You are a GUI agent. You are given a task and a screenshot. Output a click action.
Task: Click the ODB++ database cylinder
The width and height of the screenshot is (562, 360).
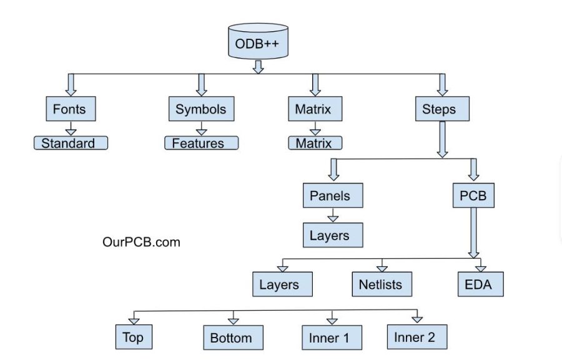pos(258,42)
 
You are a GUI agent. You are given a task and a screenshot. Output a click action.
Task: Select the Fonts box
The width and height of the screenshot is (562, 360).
pos(69,109)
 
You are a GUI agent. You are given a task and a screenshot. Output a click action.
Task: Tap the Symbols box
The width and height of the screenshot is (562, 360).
pos(200,109)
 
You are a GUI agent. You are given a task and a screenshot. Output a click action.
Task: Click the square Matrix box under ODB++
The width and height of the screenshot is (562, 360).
pos(315,109)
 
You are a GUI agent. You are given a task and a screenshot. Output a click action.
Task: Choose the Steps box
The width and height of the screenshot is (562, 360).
pos(441,109)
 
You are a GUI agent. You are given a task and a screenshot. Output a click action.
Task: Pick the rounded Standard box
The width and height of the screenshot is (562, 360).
pos(71,143)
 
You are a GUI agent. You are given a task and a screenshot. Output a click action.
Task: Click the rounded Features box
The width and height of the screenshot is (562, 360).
pos(201,143)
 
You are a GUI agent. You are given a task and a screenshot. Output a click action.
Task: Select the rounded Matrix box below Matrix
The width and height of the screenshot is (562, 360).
pos(315,143)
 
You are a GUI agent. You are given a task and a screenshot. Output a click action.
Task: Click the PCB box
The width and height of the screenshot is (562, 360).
pos(473,195)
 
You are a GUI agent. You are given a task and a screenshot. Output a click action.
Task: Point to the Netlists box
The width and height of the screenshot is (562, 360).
pos(381,285)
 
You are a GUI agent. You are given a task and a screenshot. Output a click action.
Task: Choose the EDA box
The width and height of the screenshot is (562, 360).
pos(479,285)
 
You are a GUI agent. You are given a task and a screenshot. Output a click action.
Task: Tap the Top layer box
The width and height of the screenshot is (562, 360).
pos(134,338)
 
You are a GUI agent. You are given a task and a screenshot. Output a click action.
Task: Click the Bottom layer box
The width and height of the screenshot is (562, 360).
pos(232,338)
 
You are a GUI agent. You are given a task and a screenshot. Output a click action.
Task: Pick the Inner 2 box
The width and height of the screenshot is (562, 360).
pos(416,338)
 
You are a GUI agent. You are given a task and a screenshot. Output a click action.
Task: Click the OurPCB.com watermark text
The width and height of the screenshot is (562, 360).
pos(141,242)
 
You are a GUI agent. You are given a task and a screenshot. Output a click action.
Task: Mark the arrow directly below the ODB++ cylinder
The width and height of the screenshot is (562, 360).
pos(258,66)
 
